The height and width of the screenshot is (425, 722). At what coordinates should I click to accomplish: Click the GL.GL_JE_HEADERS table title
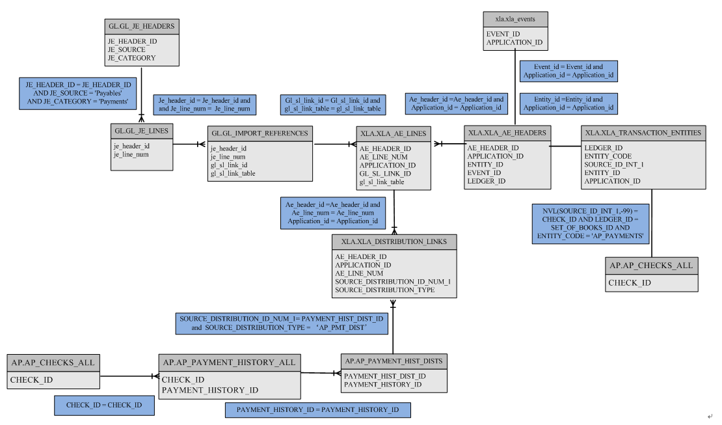coord(141,27)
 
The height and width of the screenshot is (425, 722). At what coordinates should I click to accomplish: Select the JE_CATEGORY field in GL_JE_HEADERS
coord(131,58)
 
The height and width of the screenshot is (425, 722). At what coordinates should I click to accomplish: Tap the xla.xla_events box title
coord(515,19)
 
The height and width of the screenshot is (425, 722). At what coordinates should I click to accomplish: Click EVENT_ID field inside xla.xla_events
coord(503,34)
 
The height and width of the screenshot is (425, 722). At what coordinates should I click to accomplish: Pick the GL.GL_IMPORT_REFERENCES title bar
coord(260,133)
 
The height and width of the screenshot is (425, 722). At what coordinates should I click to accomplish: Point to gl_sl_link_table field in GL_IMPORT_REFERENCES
coord(232,174)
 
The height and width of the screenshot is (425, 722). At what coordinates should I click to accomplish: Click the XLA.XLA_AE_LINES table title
coord(393,133)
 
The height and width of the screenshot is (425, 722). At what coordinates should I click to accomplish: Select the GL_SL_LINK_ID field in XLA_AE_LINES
coord(385,174)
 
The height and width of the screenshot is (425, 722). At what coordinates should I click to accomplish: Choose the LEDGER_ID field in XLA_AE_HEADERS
coord(486,181)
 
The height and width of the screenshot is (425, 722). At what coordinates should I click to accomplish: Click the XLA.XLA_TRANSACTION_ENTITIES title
coord(643,132)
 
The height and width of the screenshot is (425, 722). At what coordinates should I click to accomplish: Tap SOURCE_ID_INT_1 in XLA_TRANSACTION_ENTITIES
coord(613,165)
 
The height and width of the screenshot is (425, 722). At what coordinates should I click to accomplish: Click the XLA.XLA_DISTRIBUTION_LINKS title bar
coord(394,241)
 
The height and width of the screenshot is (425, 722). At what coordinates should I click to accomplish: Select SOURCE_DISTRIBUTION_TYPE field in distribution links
coord(384,290)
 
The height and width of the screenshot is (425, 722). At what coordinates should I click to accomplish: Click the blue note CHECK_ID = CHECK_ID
coord(104,405)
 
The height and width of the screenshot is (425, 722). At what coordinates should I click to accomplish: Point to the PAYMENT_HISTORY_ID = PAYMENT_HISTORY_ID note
coord(317,410)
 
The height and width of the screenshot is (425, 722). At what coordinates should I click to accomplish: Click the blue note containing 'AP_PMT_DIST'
coord(282,323)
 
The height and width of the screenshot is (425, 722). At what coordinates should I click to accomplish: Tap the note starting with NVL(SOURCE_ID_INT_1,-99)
coord(591,224)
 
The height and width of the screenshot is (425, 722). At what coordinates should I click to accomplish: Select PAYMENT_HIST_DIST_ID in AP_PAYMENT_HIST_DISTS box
coord(384,376)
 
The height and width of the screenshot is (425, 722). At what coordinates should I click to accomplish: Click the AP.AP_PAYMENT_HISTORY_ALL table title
coord(229,362)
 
